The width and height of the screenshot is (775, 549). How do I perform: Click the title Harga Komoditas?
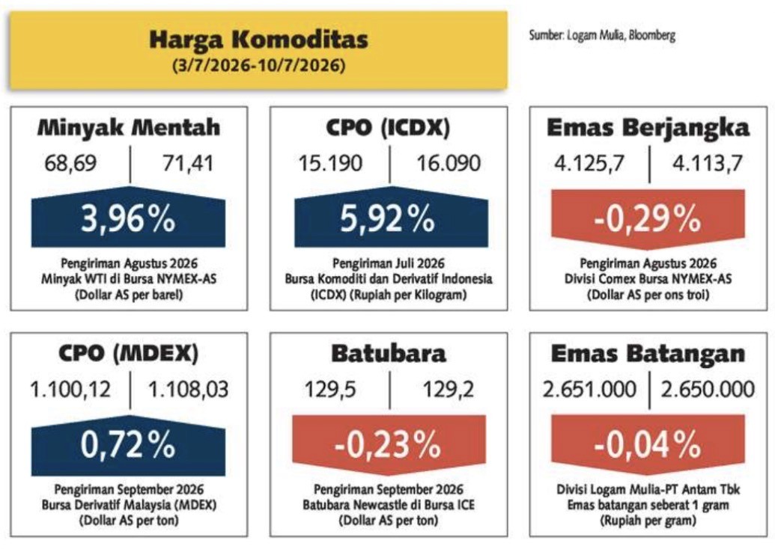click(258, 40)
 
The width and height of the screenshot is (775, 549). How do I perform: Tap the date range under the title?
click(258, 65)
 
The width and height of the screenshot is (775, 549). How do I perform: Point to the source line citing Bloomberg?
click(602, 36)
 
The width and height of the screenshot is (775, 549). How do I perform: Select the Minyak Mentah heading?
click(129, 127)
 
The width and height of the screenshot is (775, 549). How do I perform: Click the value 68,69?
click(70, 163)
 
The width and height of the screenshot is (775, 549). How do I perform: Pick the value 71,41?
click(188, 163)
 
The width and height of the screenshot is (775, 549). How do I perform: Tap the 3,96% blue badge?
click(129, 217)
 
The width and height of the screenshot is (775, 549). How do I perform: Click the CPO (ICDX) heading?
click(388, 127)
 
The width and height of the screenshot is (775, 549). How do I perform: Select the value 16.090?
click(449, 163)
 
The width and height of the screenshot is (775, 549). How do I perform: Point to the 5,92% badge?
click(391, 217)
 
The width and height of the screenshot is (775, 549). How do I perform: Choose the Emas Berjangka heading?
click(648, 127)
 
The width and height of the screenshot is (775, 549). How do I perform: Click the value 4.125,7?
click(589, 163)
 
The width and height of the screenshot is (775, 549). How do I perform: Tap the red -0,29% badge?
click(648, 219)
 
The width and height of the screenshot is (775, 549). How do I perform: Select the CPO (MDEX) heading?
click(129, 353)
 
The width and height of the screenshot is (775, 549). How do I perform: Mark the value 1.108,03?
click(188, 390)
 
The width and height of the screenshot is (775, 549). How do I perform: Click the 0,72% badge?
click(129, 444)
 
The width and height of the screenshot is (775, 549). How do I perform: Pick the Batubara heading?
click(389, 353)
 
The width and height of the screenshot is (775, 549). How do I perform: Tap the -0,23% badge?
click(389, 445)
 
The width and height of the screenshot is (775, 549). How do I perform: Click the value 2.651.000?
click(589, 390)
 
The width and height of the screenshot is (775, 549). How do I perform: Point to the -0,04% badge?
click(648, 445)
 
